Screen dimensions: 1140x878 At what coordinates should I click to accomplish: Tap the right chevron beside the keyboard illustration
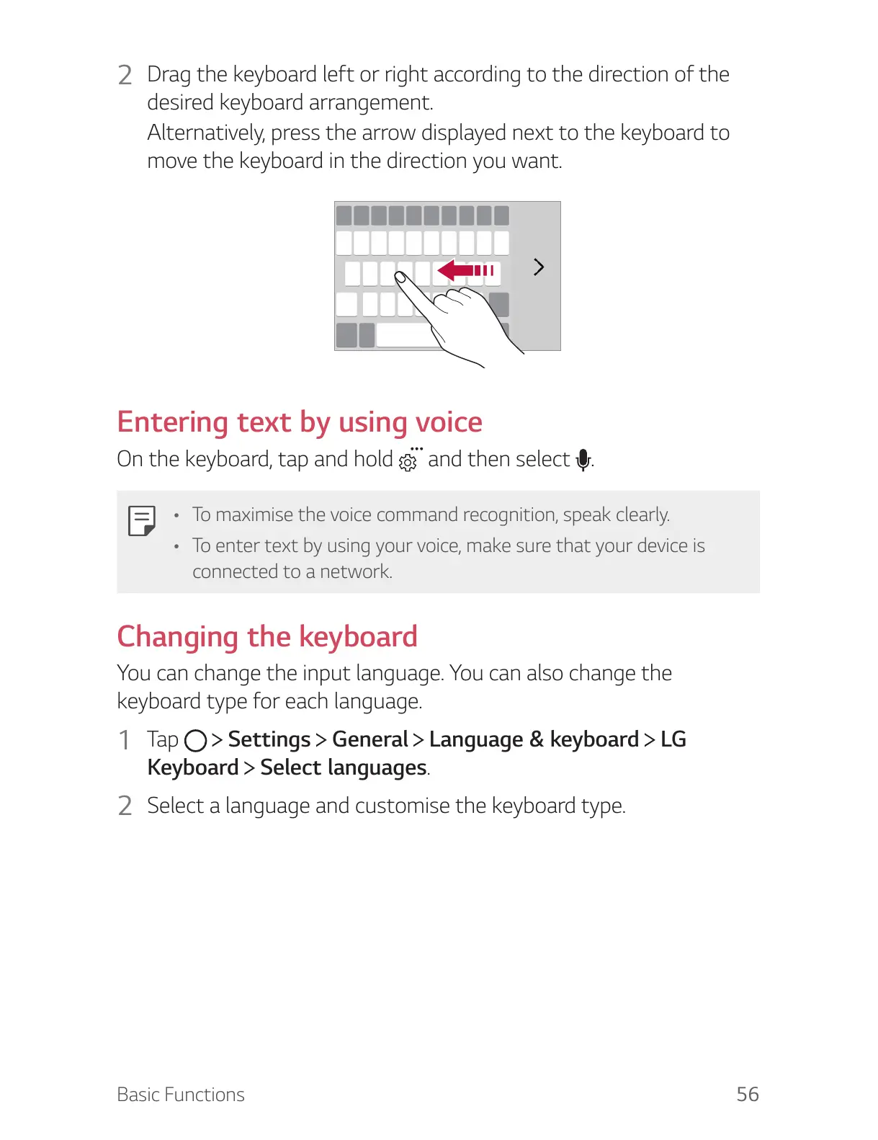coord(538,267)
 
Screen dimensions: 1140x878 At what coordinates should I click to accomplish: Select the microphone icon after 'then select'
coord(583,460)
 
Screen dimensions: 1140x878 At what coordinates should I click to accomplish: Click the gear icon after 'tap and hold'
coord(408,461)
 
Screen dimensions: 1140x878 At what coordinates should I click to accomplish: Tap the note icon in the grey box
coord(141,520)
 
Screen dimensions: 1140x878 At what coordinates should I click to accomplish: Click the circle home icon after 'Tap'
coord(195,741)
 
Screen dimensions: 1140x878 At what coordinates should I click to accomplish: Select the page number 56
coord(747,1094)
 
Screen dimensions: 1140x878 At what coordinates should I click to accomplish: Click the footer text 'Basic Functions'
coord(181,1095)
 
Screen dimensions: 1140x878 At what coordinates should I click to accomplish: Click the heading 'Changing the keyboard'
coord(267,637)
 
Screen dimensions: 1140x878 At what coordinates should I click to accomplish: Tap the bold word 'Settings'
coord(269,739)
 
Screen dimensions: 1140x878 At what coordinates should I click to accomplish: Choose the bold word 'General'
coord(370,739)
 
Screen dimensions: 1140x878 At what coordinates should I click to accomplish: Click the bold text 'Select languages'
coord(344,768)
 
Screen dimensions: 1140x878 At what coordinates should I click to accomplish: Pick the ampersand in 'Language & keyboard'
coord(537,739)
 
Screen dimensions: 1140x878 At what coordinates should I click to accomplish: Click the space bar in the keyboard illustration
coord(407,336)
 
